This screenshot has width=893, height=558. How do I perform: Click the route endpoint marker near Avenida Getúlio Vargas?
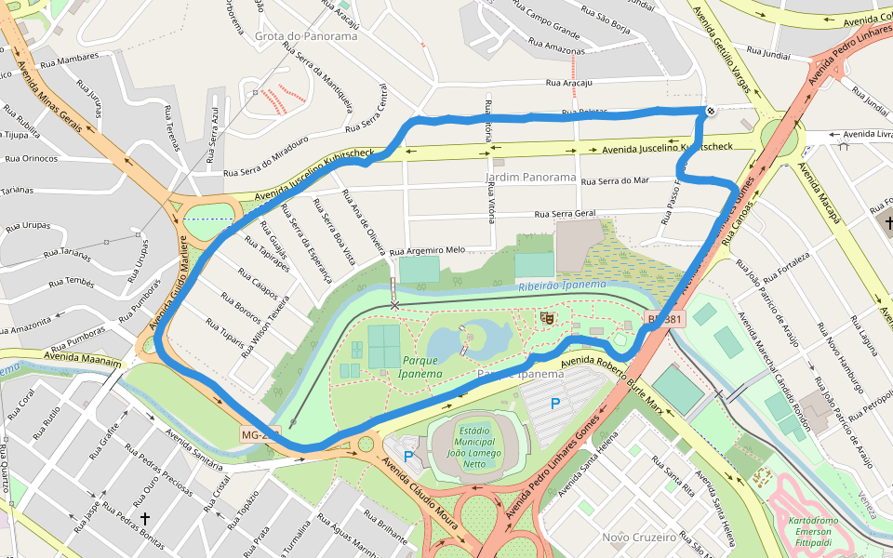point(711,112)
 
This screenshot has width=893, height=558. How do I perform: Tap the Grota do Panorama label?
point(306,36)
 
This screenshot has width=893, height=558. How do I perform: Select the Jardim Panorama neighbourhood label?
point(531,177)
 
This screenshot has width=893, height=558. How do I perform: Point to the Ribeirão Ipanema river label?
point(562,286)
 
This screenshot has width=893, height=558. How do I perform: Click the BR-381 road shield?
point(664,319)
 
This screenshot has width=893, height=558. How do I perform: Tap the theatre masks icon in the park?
point(547,318)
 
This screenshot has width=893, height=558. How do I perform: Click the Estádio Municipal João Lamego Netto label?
point(475,447)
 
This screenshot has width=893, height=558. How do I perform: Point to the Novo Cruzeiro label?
point(639,538)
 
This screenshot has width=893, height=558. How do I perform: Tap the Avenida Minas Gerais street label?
point(55,93)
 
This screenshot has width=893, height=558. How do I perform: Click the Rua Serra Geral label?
point(565,214)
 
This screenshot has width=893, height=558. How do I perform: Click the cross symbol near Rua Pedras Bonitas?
point(145,517)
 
